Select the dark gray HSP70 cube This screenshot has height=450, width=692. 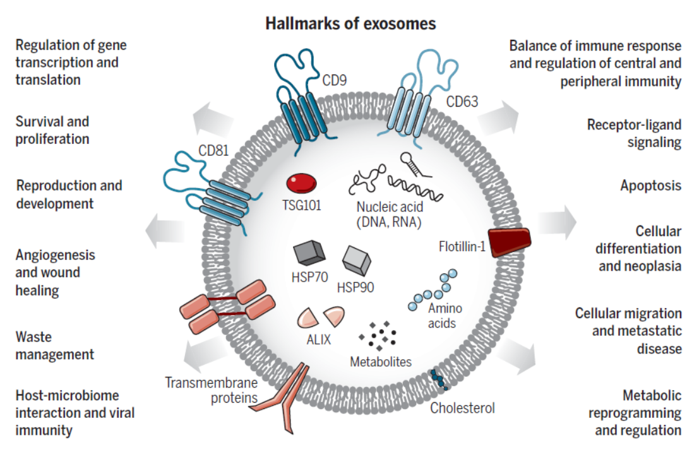(x=309, y=253)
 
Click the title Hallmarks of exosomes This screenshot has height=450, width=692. (x=350, y=24)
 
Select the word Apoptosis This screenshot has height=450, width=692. (x=650, y=186)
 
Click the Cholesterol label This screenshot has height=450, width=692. (x=462, y=408)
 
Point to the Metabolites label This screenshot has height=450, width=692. (x=381, y=362)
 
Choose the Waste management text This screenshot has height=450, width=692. (x=55, y=345)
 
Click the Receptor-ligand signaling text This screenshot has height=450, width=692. (x=634, y=133)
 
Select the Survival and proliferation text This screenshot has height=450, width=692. (x=52, y=129)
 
